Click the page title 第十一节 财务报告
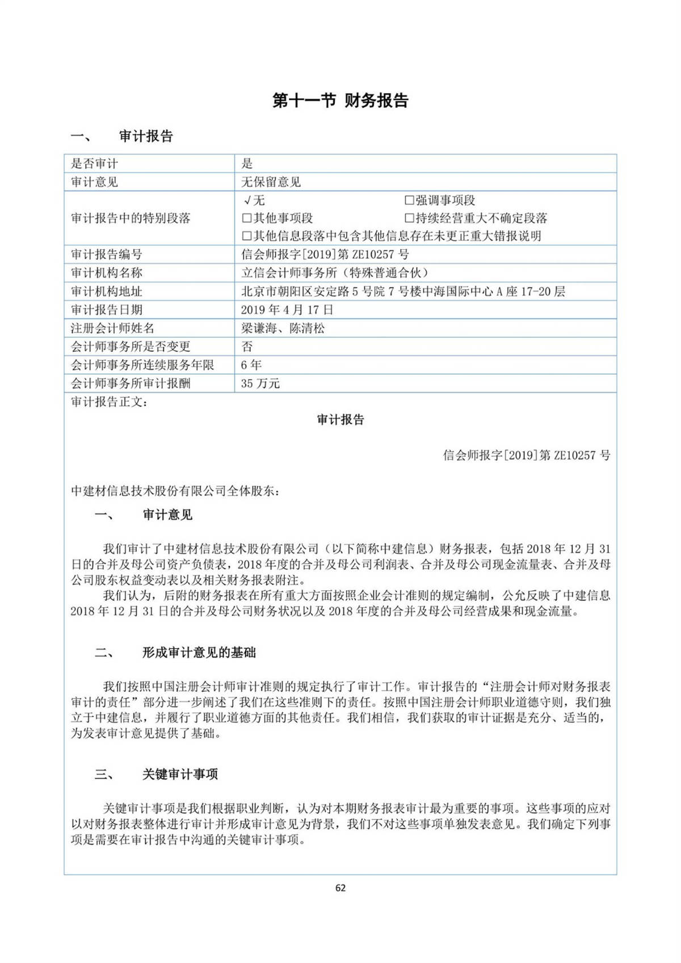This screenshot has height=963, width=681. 340,101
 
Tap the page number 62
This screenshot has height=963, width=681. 340,888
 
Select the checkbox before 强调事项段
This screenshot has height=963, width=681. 409,200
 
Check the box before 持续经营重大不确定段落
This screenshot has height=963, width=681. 409,218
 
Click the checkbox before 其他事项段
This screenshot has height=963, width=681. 246,218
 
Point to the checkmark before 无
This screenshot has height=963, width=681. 247,200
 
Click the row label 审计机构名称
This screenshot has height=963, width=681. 106,273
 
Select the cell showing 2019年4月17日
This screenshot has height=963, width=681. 287,310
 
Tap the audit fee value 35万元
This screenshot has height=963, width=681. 260,384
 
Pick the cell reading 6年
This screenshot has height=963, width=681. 251,365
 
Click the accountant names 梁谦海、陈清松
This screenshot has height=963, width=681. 283,328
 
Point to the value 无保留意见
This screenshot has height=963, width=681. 271,182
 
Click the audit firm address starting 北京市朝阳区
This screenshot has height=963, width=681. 403,292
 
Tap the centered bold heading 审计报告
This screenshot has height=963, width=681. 340,420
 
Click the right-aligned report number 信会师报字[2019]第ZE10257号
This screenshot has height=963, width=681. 526,455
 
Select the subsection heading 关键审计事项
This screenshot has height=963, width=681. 180,774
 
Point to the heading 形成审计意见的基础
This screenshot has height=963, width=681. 199,653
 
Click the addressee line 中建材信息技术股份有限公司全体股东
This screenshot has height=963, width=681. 175,491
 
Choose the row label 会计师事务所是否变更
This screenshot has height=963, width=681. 130,347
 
